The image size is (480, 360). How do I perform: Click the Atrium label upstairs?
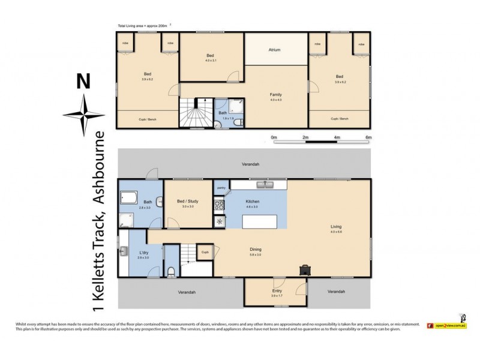[274, 50]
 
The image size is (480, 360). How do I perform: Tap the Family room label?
[275, 95]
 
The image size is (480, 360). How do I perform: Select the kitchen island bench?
[260, 222]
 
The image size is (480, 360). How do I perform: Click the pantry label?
[220, 188]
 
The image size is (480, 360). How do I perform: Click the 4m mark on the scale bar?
[337, 137]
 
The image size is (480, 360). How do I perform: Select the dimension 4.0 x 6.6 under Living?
[335, 232]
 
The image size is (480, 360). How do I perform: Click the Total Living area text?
[143, 25]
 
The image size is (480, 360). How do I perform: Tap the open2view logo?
[447, 326]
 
